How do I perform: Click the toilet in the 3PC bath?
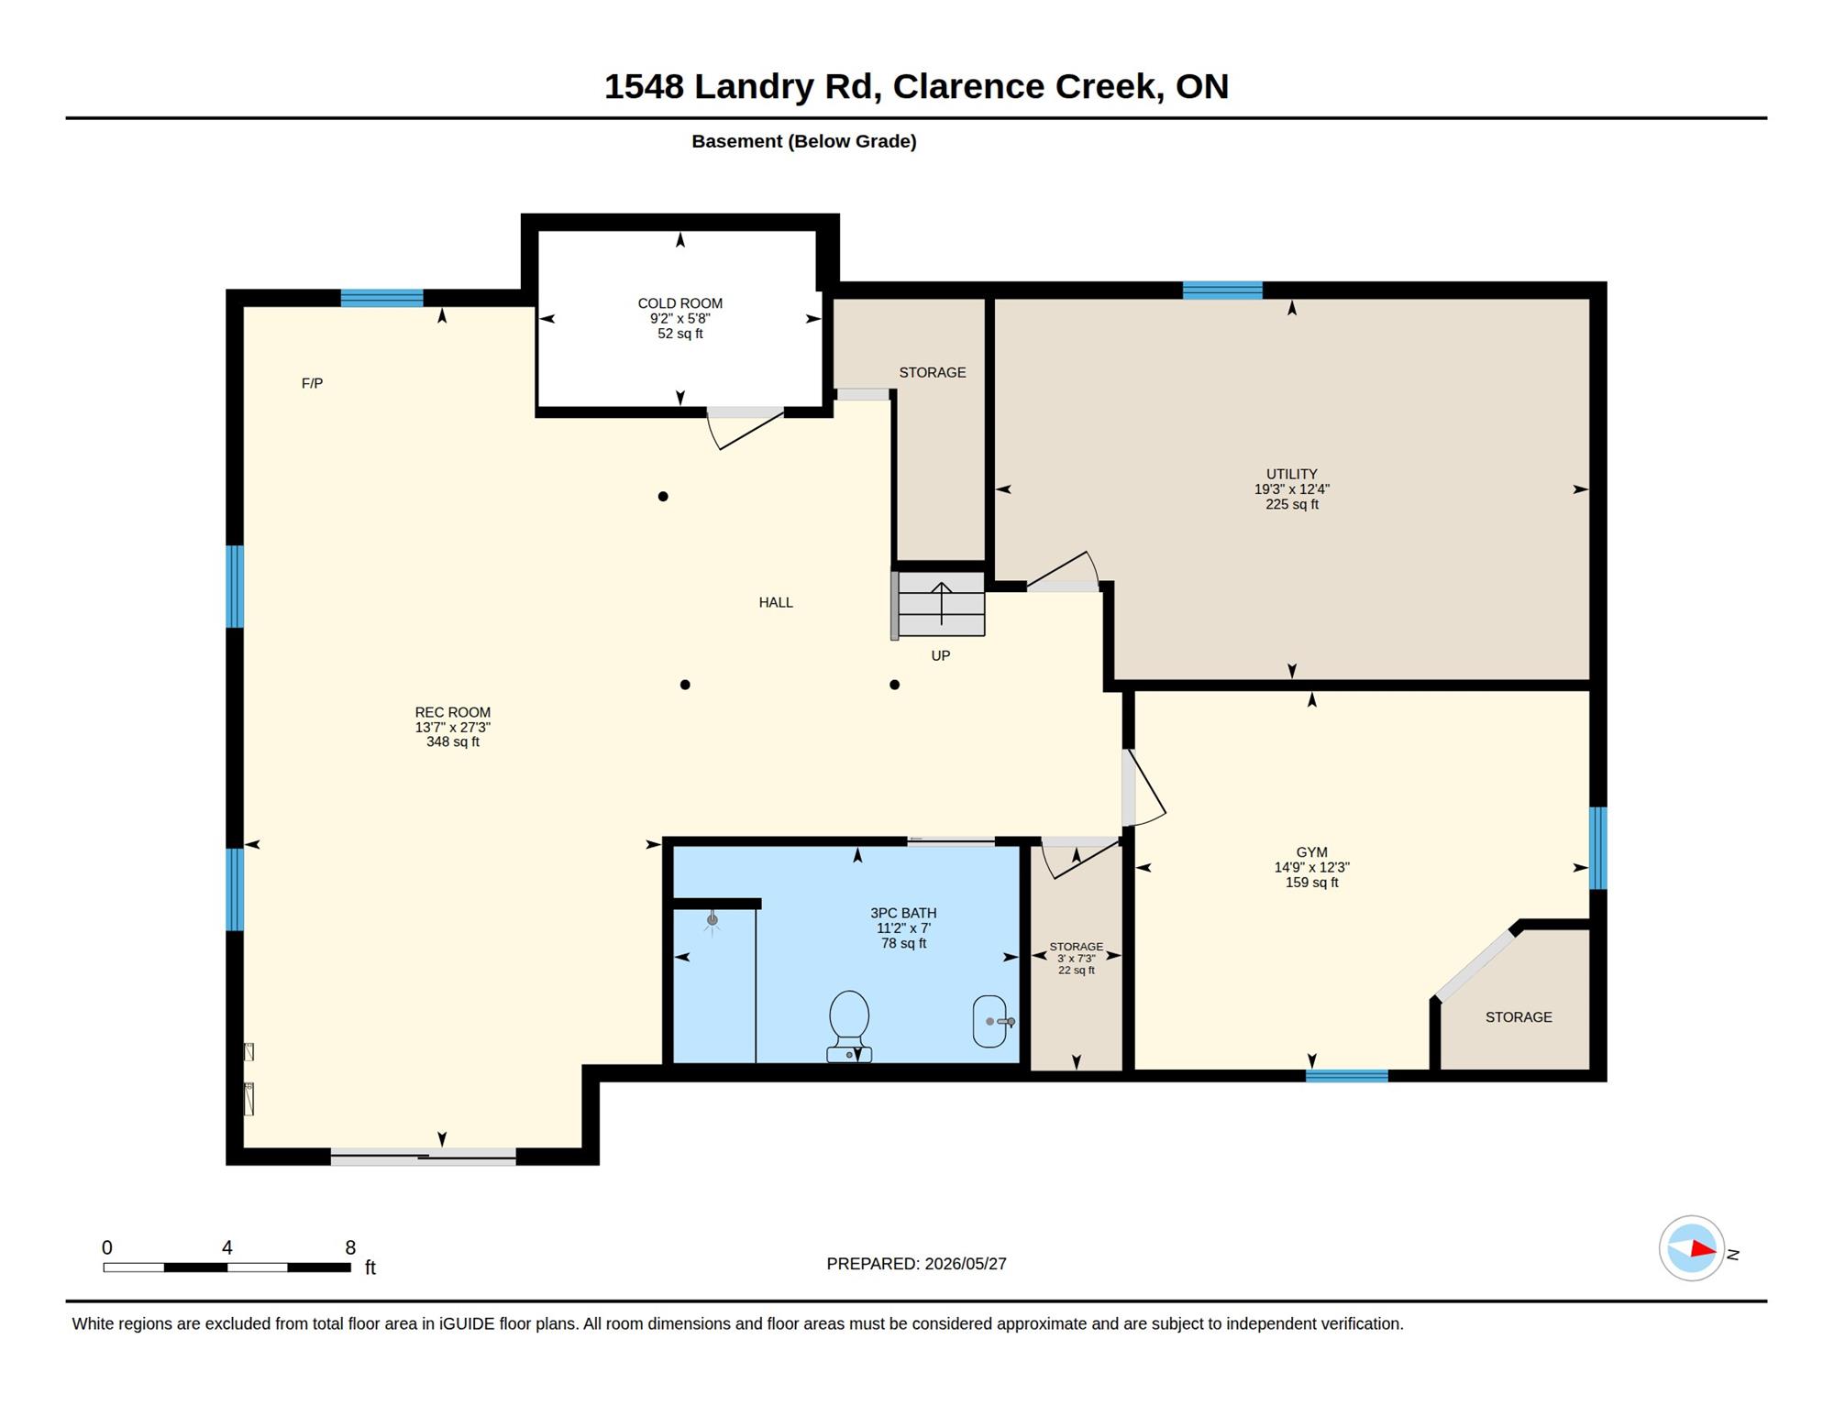coord(849,1026)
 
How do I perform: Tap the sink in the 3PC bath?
coord(991,1021)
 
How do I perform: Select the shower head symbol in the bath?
coord(713,921)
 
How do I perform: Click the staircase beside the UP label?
coord(941,604)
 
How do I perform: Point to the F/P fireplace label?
coord(312,383)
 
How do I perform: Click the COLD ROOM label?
coord(680,303)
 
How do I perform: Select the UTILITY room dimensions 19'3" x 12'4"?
coord(1292,489)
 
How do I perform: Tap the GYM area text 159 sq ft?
coord(1311,883)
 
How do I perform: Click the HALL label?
coord(776,602)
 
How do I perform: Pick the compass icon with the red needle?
coord(1692,1248)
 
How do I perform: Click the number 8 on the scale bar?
coord(350,1247)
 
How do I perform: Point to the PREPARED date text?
coord(916,1264)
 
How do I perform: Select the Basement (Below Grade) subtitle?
coord(804,141)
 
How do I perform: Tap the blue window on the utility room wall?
coord(1222,291)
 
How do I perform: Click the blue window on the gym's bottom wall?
coord(1346,1076)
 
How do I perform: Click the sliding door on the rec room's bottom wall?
coord(424,1157)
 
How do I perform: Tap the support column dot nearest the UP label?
coord(894,685)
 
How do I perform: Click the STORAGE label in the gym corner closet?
coord(1519,1017)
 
